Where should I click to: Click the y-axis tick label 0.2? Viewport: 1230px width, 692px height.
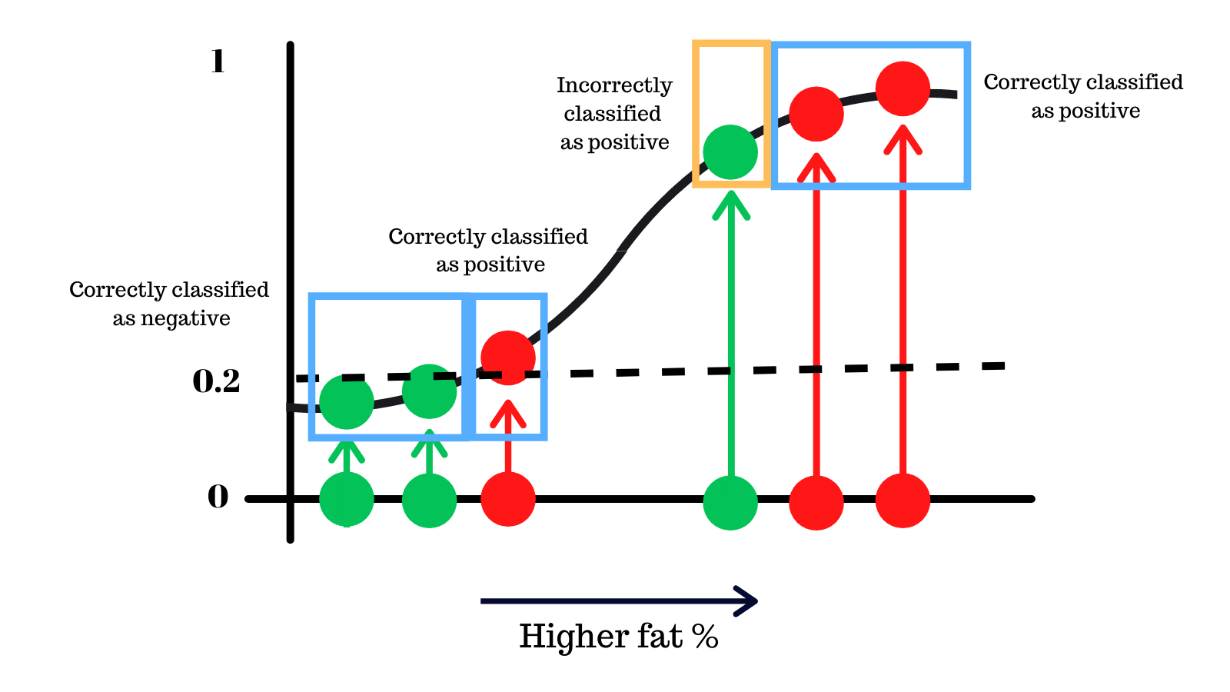216,381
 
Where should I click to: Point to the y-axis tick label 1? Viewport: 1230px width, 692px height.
218,62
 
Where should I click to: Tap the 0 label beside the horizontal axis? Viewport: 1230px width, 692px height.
218,497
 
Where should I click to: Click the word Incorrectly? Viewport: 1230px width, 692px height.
614,85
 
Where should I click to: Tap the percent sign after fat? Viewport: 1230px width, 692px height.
704,637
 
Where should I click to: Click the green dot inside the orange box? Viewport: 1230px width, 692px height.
730,152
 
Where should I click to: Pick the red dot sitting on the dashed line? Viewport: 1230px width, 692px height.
508,358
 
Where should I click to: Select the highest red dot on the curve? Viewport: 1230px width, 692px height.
903,88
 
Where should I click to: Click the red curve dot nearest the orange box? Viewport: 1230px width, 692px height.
816,114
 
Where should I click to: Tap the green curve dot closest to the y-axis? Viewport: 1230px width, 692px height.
347,401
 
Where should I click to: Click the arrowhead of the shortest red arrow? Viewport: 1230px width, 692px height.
508,413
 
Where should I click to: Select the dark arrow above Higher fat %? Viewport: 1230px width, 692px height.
619,601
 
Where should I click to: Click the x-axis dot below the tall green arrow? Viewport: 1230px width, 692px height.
730,502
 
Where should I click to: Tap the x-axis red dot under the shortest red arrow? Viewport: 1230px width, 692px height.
508,499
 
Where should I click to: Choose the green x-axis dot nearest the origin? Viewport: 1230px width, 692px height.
347,499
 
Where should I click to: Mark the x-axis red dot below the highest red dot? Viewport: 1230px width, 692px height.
903,501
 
